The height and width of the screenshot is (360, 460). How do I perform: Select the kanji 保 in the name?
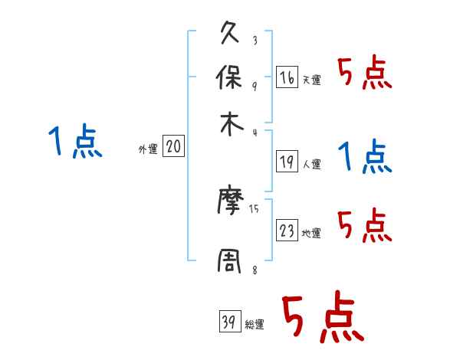tap(231, 79)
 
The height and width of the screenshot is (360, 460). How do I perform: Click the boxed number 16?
tap(287, 77)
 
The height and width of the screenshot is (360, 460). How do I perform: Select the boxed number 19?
tap(287, 162)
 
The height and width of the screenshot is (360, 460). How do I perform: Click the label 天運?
tap(312, 80)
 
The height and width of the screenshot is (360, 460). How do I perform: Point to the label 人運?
tap(312, 164)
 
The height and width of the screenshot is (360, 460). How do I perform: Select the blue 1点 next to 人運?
tap(364, 158)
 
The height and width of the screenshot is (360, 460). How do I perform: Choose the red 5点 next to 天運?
tap(364, 74)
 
